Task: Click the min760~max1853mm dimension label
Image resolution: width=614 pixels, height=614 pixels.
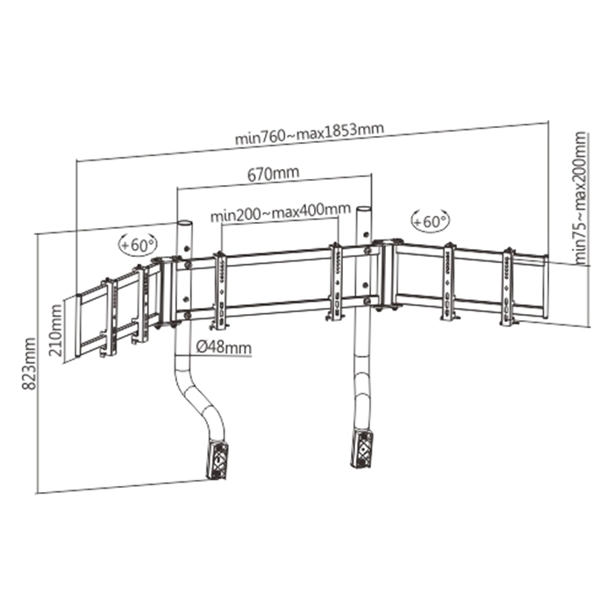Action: tap(310, 134)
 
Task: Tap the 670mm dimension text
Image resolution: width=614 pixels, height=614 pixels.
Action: tap(274, 174)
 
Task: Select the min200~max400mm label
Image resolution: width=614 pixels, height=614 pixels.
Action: tap(281, 211)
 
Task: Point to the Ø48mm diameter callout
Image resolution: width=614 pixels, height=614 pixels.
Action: tap(224, 347)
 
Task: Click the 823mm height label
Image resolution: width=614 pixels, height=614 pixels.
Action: tap(29, 364)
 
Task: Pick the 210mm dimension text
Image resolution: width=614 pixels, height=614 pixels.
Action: tap(55, 330)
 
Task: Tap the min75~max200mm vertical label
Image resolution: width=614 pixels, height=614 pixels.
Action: tap(581, 197)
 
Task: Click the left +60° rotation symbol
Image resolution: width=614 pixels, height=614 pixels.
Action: tap(138, 245)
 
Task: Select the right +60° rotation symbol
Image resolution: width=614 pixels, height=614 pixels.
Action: tap(431, 220)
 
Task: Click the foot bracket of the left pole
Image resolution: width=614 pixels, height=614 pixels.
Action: tap(216, 460)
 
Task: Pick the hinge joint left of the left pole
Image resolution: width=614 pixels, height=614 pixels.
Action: tap(166, 292)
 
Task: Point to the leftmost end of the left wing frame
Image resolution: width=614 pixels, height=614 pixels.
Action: tap(78, 325)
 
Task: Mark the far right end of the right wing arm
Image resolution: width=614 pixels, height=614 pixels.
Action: tap(545, 287)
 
